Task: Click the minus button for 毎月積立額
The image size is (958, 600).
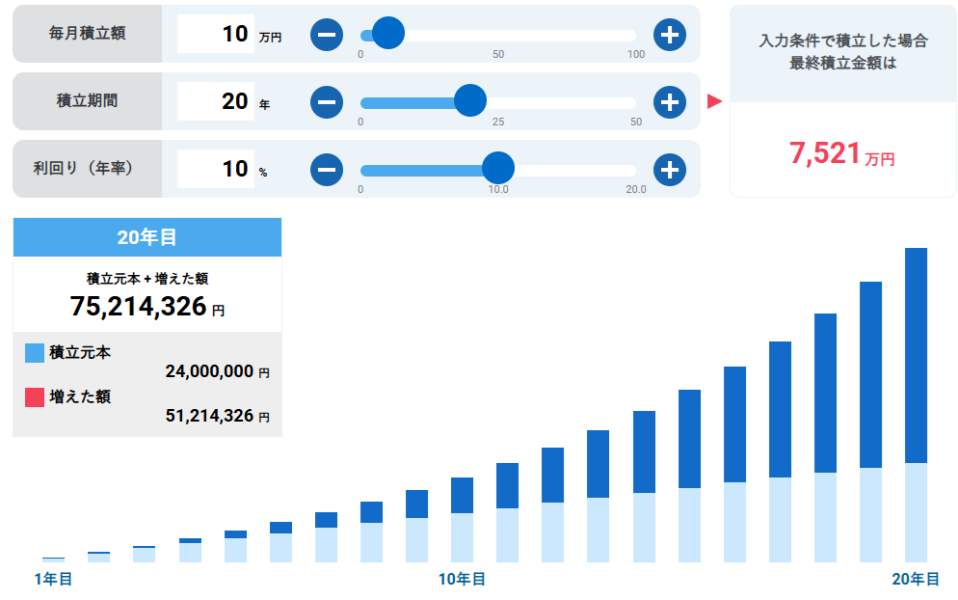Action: (x=327, y=35)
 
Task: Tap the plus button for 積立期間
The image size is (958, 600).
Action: (x=670, y=101)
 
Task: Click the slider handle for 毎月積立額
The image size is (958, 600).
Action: (x=388, y=35)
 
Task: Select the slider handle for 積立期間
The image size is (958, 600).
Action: (x=470, y=100)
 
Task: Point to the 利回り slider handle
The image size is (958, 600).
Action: (x=498, y=169)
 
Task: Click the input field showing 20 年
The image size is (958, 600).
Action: (x=216, y=100)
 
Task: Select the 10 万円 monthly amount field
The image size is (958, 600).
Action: (x=216, y=34)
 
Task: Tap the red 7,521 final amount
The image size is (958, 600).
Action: (x=825, y=153)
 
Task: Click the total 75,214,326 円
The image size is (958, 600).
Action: (x=139, y=307)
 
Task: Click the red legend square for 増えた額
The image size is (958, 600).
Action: (x=35, y=396)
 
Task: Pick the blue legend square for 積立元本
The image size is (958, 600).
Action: (x=35, y=352)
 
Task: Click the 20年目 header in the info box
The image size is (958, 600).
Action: (x=146, y=237)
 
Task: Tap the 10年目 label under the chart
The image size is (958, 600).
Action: (x=463, y=579)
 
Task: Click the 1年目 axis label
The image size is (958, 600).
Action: (x=53, y=579)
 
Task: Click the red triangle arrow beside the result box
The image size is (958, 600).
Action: (x=714, y=101)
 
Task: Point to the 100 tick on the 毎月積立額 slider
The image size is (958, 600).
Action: (x=636, y=54)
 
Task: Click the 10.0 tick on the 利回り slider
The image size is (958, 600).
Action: (x=498, y=189)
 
